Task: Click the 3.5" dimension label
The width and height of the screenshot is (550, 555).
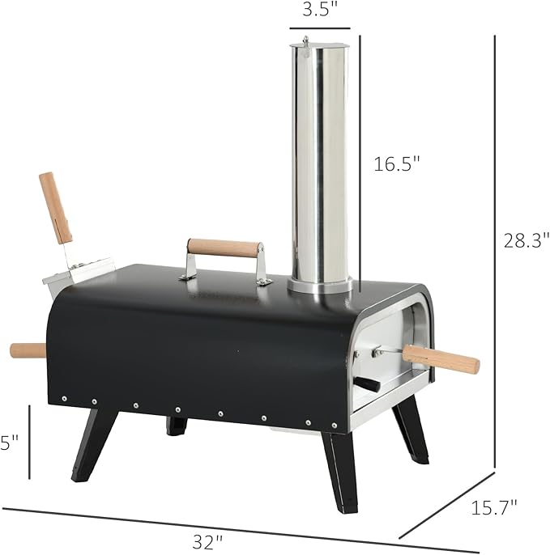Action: tap(320, 11)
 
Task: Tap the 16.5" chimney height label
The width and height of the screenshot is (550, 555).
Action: tap(397, 164)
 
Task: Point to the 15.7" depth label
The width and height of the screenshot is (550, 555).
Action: tap(493, 509)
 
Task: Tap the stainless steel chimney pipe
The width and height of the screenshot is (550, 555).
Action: tap(321, 162)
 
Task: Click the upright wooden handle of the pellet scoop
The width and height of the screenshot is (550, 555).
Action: tap(57, 206)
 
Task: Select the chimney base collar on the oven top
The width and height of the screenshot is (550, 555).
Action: tap(321, 286)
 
